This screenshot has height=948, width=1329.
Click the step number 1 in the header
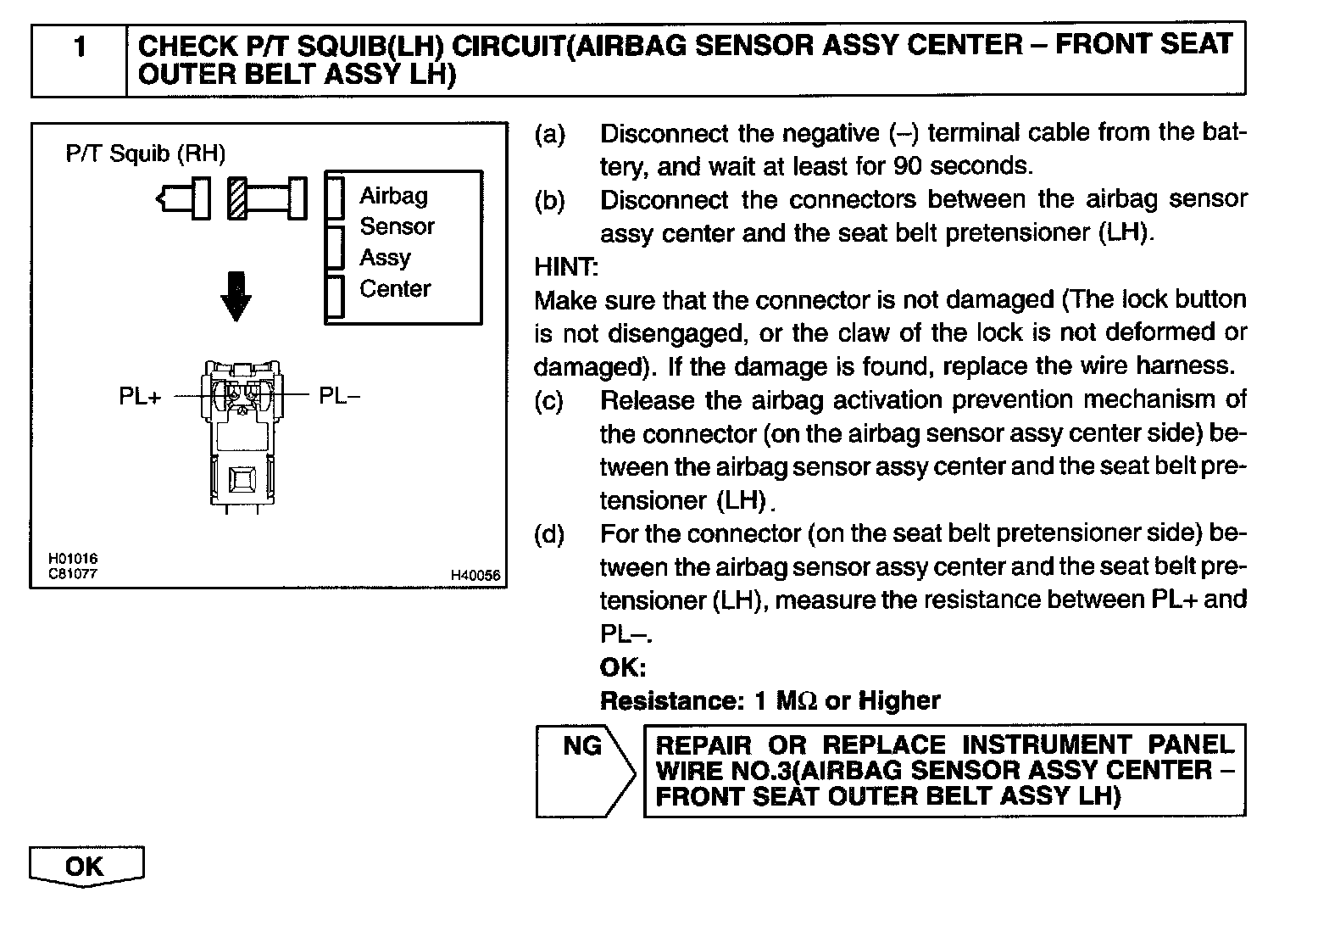[x=80, y=46]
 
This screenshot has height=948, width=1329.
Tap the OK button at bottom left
[x=86, y=867]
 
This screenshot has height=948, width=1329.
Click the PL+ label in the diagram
[x=140, y=396]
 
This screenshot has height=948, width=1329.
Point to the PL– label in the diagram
[x=339, y=396]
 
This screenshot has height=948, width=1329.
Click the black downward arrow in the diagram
[x=236, y=296]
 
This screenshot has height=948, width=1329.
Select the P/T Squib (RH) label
[x=145, y=154]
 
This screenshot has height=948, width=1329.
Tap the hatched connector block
[x=237, y=198]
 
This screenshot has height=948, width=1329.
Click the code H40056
[x=475, y=576]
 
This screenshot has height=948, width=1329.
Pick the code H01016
[x=73, y=559]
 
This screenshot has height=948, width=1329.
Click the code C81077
[x=73, y=573]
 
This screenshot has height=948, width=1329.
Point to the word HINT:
[x=566, y=267]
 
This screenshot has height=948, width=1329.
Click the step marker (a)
[x=549, y=134]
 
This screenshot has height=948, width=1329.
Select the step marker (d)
[x=549, y=534]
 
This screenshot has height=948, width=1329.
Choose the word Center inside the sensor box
[x=395, y=289]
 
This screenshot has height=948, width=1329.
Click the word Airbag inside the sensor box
[x=393, y=196]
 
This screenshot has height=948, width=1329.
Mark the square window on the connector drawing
[x=243, y=479]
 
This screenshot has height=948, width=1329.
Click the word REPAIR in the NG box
[x=704, y=745]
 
